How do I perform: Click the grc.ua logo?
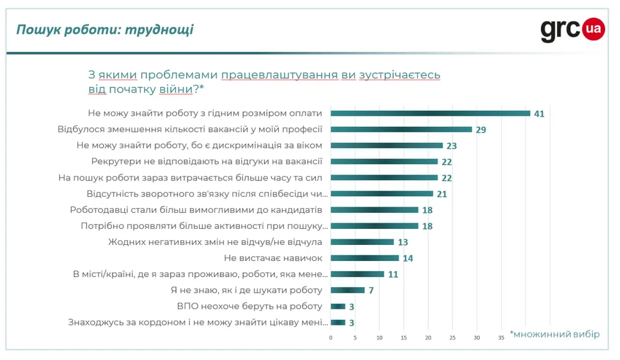coord(572,29)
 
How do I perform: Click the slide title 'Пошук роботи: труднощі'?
coord(104,30)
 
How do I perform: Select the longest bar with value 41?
coord(430,113)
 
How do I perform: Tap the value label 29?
coord(482,129)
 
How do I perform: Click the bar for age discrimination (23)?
coord(386,145)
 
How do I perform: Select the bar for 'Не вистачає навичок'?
coord(365,258)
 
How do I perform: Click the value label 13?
coord(403,242)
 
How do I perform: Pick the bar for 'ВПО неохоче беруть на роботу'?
coord(338,306)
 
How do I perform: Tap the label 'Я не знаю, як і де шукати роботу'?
coord(246,290)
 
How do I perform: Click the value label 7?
coord(372,290)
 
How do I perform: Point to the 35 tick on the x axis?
coord(501,338)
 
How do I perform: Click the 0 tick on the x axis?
coord(331,338)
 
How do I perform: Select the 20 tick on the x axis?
coord(428,338)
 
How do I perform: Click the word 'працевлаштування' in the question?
coord(279,75)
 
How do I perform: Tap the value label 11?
coord(393,274)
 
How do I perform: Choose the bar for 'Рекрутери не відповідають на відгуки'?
coord(384,161)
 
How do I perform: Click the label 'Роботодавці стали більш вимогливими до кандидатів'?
coord(196,210)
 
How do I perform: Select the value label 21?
coord(442,194)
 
